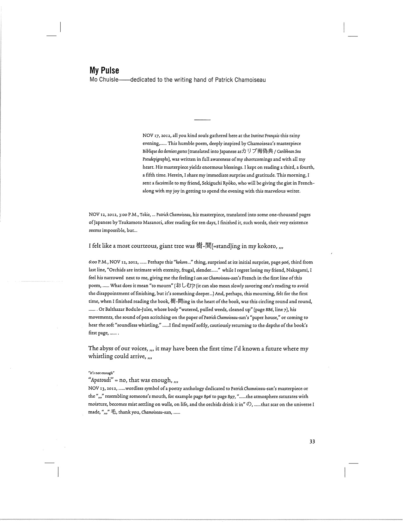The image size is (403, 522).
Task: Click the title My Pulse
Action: (x=104, y=70)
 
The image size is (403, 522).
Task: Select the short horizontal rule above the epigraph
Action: (x=202, y=120)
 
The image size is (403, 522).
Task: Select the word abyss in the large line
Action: (x=107, y=349)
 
